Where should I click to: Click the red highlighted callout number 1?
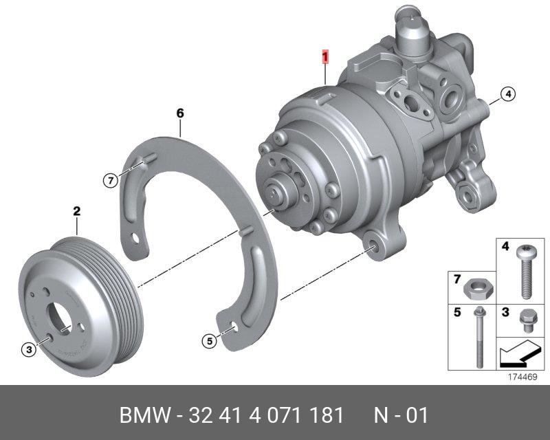[325, 58]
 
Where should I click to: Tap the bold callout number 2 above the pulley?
[77, 211]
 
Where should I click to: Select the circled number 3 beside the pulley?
[29, 349]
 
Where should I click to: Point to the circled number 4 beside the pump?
[507, 93]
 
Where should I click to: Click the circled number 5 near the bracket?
[210, 341]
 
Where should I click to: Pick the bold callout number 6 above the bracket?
[180, 113]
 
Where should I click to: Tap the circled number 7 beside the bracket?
[111, 181]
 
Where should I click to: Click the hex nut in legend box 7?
[478, 290]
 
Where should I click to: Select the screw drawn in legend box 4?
[525, 272]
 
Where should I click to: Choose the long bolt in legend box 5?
[479, 337]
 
